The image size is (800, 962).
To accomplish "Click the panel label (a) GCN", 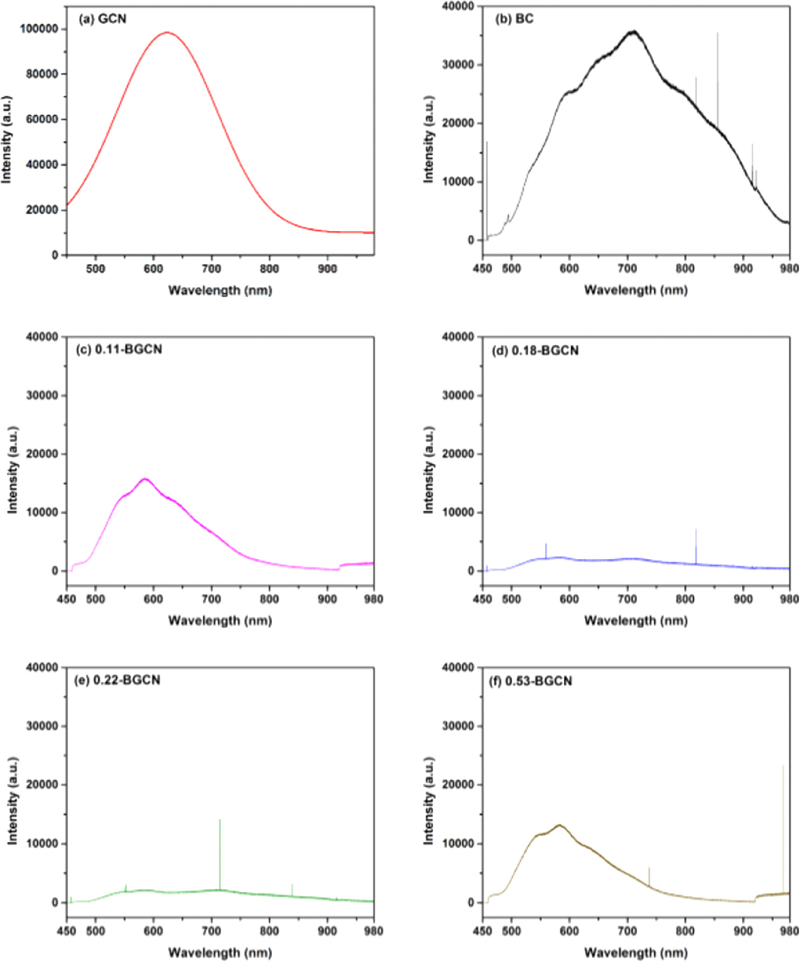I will pyautogui.click(x=102, y=19).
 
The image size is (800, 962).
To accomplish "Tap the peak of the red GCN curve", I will pyautogui.click(x=167, y=33).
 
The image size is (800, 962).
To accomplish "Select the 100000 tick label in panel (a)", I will pyautogui.click(x=39, y=29).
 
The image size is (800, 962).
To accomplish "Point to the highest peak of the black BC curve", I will pyautogui.click(x=633, y=32).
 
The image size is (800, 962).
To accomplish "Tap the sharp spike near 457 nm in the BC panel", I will pyautogui.click(x=487, y=143).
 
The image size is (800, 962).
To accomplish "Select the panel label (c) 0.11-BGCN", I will pyautogui.click(x=119, y=350).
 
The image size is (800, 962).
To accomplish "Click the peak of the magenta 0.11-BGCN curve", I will pyautogui.click(x=145, y=479).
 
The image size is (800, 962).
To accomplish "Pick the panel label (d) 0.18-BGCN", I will pyautogui.click(x=535, y=350).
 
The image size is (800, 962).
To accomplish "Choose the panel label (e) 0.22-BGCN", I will pyautogui.click(x=117, y=680).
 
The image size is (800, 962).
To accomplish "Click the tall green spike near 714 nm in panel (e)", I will pyautogui.click(x=220, y=821).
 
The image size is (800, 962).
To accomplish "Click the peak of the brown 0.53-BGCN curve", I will pyautogui.click(x=560, y=825).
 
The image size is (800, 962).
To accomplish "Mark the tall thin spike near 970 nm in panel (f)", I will pyautogui.click(x=783, y=767).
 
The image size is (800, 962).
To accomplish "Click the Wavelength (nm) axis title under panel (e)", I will pyautogui.click(x=220, y=952).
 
